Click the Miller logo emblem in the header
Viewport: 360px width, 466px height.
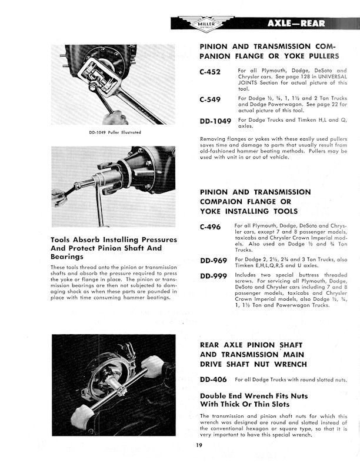point(222,24)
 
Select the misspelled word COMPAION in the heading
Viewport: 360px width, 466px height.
point(227,202)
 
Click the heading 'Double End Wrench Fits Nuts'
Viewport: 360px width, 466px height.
point(254,396)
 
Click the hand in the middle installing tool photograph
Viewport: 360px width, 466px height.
point(59,197)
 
